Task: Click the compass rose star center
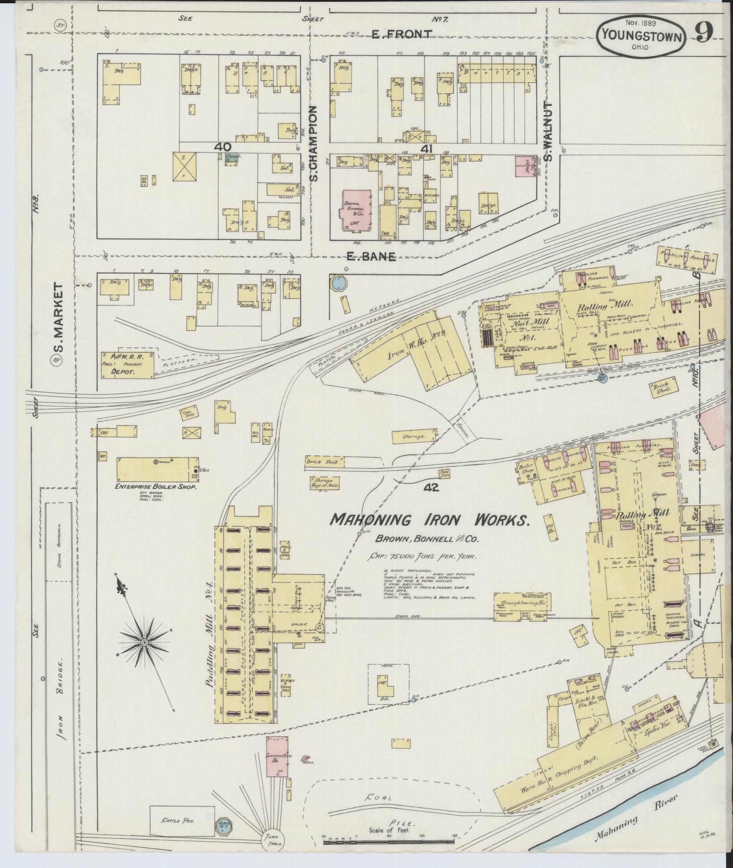pyautogui.click(x=144, y=641)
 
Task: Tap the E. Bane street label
pyautogui.click(x=371, y=257)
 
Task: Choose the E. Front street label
pyautogui.click(x=408, y=34)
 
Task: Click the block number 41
pyautogui.click(x=426, y=148)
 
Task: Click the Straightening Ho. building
pyautogui.click(x=522, y=602)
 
